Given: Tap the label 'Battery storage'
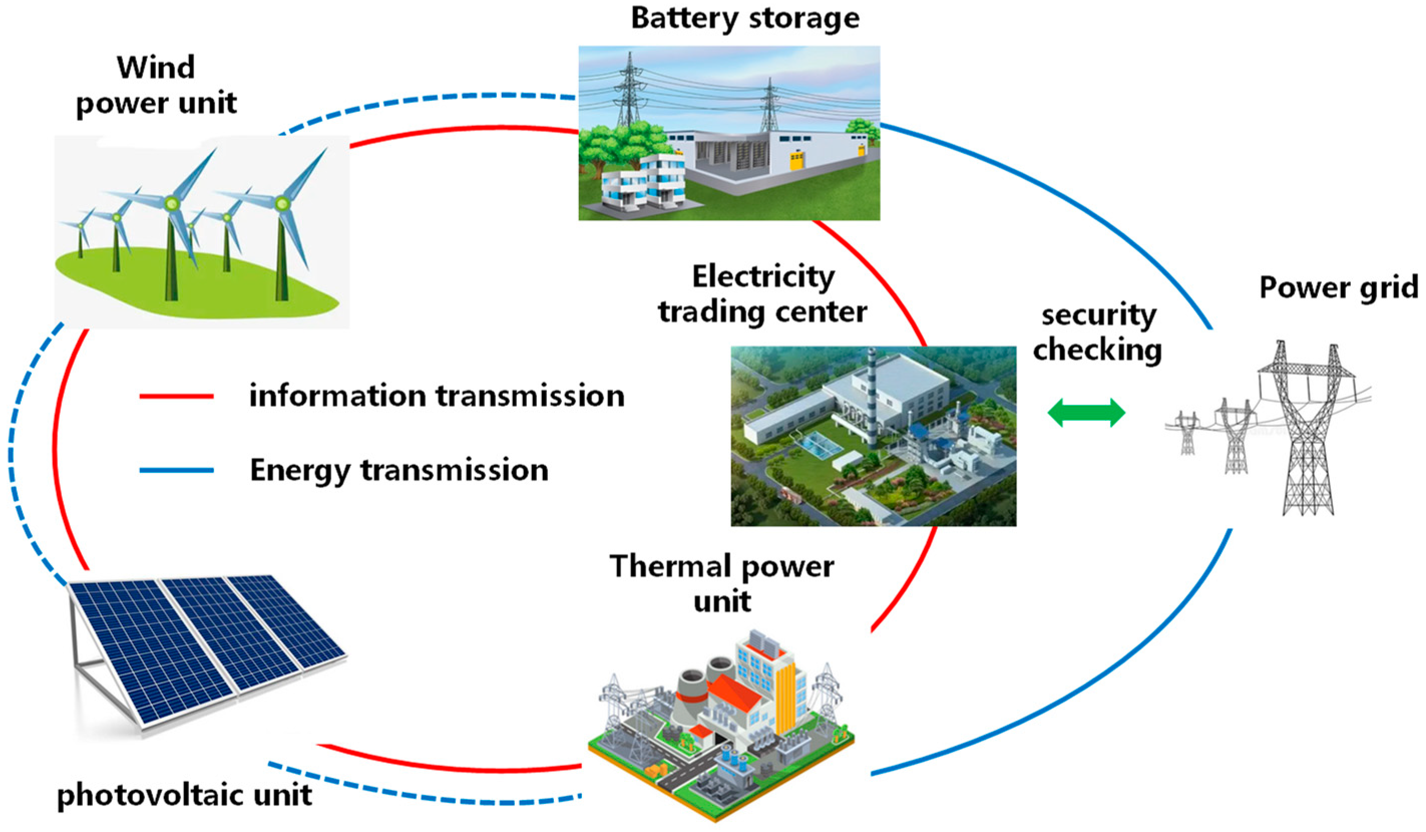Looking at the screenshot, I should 745,19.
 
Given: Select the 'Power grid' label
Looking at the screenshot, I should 1338,289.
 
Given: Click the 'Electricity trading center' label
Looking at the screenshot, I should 762,295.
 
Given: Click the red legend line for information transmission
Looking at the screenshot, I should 176,397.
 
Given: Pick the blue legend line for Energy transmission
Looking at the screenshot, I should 176,470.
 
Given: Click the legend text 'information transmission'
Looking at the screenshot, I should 437,396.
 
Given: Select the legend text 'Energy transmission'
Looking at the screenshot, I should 399,470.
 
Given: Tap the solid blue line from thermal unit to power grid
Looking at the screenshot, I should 1103,696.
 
